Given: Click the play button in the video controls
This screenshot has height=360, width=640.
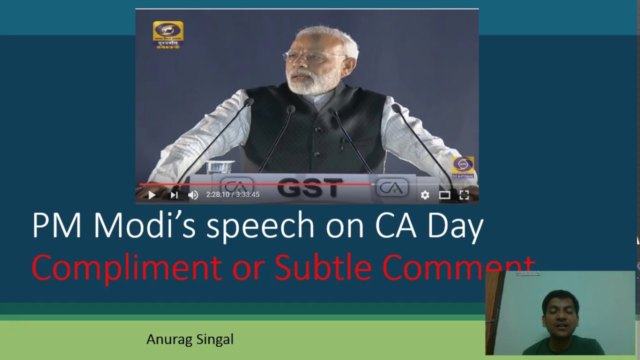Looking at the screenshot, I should tap(152, 195).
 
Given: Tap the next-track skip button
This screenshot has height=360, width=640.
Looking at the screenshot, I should tap(174, 195).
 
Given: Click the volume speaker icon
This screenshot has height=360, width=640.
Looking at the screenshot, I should tap(193, 195).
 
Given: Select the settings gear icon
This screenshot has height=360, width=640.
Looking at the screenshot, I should tap(424, 195).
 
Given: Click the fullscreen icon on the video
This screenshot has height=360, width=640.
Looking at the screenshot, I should tap(464, 195).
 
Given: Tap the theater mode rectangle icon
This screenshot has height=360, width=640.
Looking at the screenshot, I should tap(444, 195).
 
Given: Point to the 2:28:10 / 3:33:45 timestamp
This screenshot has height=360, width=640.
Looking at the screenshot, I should tap(232, 194).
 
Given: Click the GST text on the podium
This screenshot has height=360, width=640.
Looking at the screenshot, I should tap(309, 187).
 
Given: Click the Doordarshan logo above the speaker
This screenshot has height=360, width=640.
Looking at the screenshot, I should tap(167, 34).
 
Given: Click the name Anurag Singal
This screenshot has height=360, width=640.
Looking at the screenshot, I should tap(190, 339).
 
